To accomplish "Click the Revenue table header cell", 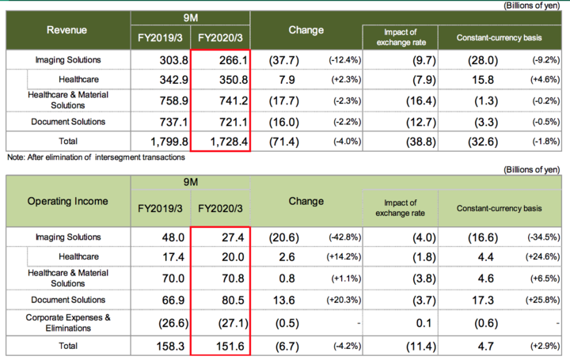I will pos(66,30).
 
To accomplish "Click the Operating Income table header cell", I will pos(67,201).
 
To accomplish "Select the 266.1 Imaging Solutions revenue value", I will pos(226,60).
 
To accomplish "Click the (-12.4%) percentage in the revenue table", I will pos(340,60).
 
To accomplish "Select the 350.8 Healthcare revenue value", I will pos(226,80).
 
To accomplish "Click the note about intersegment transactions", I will pos(95,157).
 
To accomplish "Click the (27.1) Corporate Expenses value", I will pos(226,321).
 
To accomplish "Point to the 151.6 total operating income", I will pos(226,346).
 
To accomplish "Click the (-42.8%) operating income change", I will pos(340,237).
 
